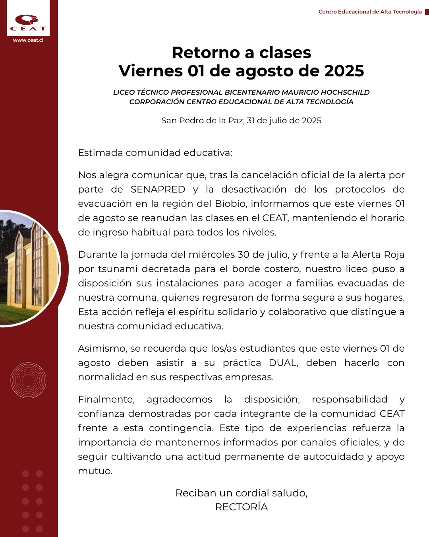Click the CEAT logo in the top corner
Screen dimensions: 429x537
[28, 22]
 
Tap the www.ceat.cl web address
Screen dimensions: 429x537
[28, 40]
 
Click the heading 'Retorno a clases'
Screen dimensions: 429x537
[241, 53]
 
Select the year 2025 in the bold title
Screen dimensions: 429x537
[344, 71]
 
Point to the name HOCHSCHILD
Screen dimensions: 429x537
[345, 92]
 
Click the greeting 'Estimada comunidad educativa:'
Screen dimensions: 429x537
[155, 153]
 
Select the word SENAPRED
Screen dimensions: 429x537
[158, 189]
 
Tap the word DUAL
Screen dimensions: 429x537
[283, 363]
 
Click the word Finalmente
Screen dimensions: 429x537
[106, 399]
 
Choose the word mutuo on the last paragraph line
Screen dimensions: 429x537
[95, 471]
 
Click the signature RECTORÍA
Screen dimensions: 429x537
[241, 507]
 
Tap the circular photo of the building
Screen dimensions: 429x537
[28, 268]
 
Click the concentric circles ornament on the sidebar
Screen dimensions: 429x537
[28, 380]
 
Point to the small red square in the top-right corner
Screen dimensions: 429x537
[427, 12]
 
